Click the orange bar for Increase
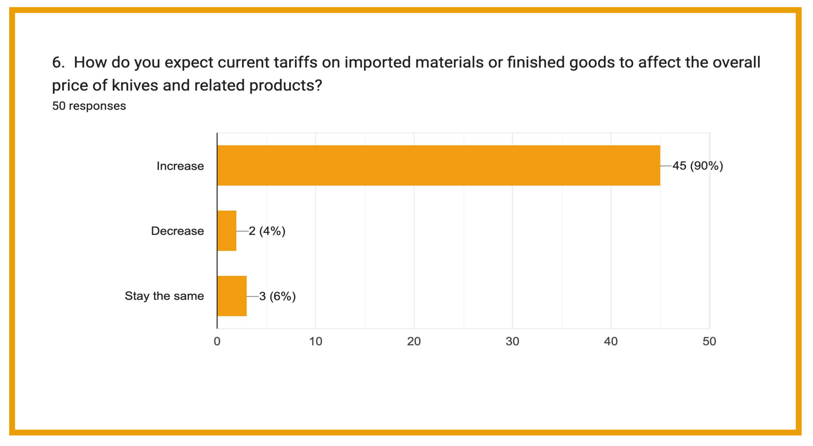click(439, 165)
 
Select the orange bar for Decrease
click(227, 231)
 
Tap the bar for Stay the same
click(232, 296)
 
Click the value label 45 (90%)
click(698, 166)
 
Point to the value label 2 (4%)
click(267, 231)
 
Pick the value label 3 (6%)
click(277, 296)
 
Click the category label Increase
click(180, 166)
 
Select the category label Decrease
click(177, 231)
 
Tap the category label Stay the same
click(164, 296)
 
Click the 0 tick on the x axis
click(217, 341)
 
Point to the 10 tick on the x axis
click(315, 341)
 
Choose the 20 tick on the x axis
click(414, 341)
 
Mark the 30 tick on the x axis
click(512, 341)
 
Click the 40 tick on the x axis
click(611, 341)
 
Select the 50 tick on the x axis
click(709, 341)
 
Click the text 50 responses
click(89, 106)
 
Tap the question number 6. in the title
click(58, 63)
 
